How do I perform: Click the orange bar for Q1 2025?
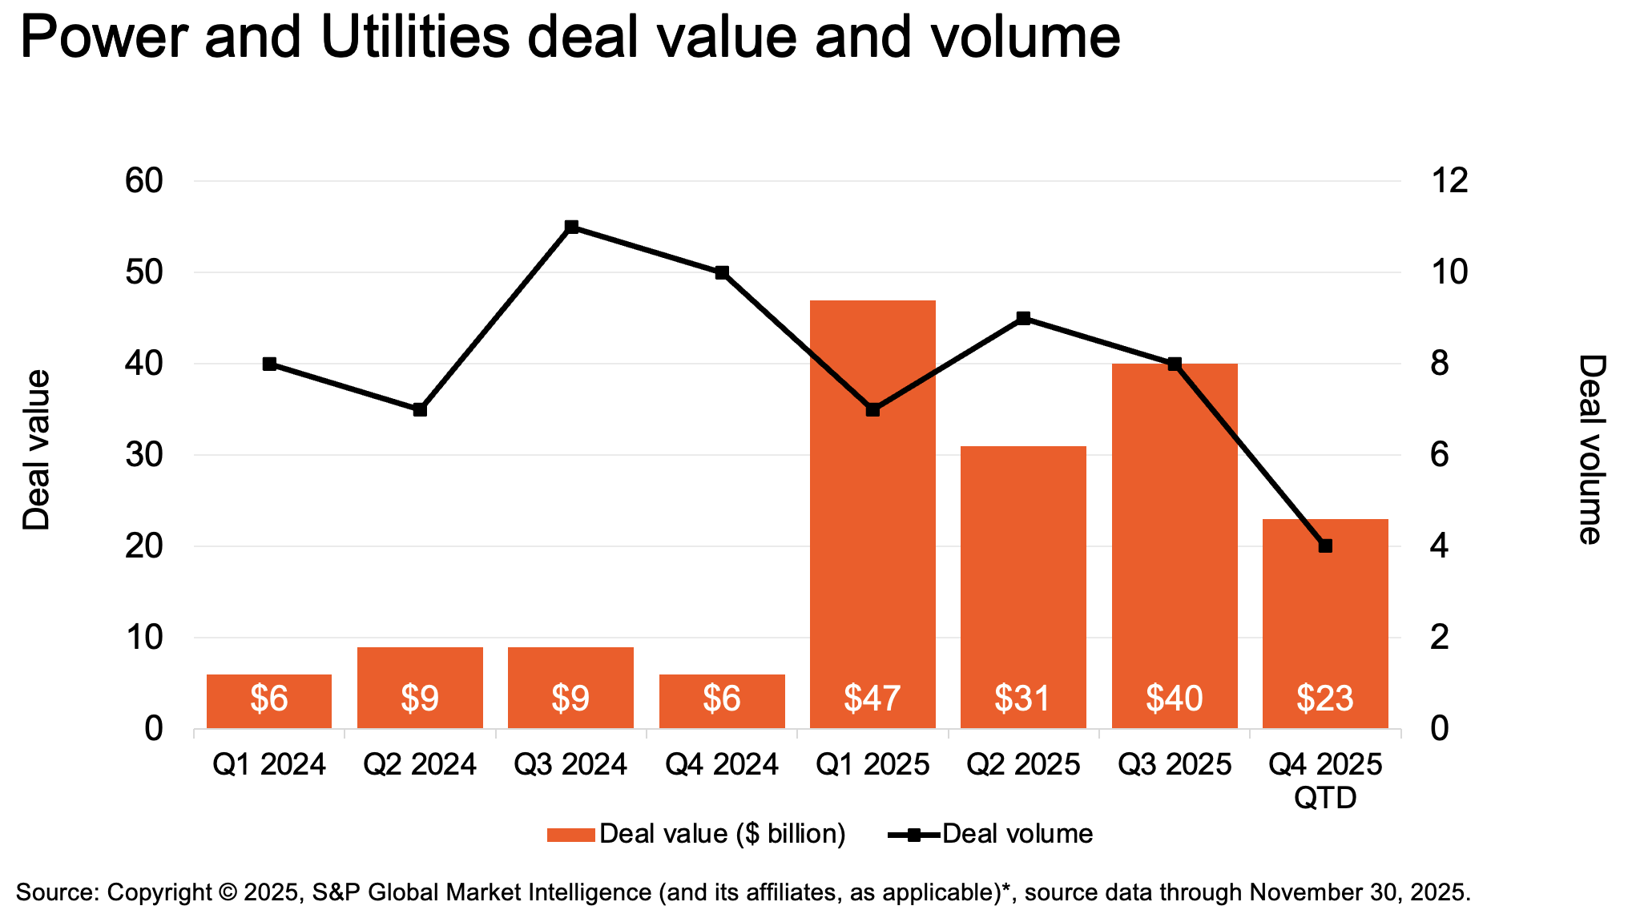[872, 514]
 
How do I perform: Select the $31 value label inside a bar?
[1023, 699]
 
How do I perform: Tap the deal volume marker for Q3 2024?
[571, 227]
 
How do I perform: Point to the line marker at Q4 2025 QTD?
[1325, 546]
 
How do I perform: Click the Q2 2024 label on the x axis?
[420, 765]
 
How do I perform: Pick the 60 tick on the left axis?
[144, 181]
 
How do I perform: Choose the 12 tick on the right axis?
[1450, 181]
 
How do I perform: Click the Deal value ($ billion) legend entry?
[696, 834]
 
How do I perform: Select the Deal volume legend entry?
[991, 834]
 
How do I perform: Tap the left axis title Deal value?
[36, 450]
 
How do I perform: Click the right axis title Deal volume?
[1592, 449]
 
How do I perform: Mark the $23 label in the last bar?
[1325, 699]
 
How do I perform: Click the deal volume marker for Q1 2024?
[269, 364]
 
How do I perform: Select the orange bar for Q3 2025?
[1175, 546]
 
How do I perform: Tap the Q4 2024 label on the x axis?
[722, 765]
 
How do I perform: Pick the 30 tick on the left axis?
[144, 455]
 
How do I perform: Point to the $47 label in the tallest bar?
[872, 699]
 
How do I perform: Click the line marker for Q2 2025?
[1023, 319]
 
